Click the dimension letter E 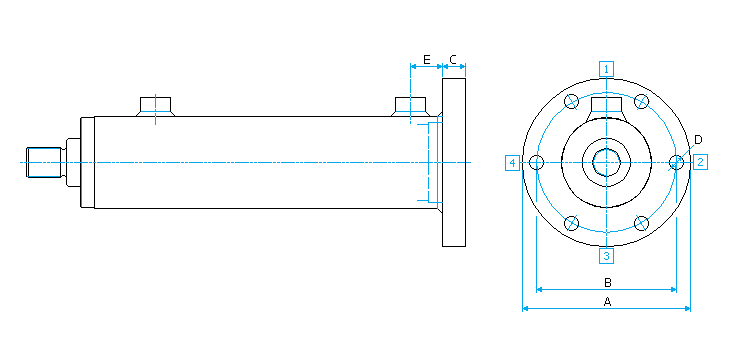pyautogui.click(x=427, y=59)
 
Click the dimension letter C pyautogui.click(x=453, y=59)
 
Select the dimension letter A pyautogui.click(x=607, y=301)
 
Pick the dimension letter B pyautogui.click(x=608, y=283)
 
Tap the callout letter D pyautogui.click(x=698, y=140)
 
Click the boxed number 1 pyautogui.click(x=606, y=69)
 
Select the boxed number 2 pyautogui.click(x=700, y=162)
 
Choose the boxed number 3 pyautogui.click(x=606, y=256)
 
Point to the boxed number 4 pyautogui.click(x=513, y=163)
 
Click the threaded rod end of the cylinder pyautogui.click(x=44, y=162)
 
